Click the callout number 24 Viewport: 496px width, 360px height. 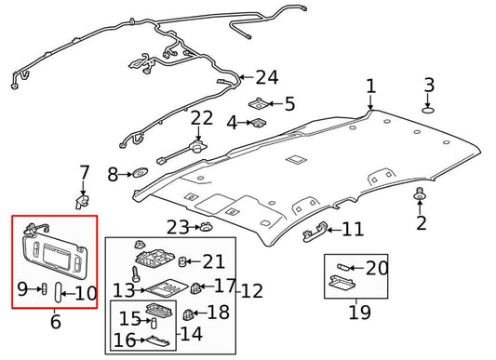pos(267,77)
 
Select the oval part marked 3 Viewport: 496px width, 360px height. pos(428,110)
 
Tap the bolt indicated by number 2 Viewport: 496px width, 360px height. pos(419,193)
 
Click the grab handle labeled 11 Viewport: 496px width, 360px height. pos(315,232)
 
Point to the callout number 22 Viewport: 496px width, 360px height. pos(202,118)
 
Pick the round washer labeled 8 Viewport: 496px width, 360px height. pos(140,173)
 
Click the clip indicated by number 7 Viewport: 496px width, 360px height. pos(82,202)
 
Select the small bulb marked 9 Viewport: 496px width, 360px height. pos(45,288)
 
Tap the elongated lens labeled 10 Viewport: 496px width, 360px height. pos(59,292)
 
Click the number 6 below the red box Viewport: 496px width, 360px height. pos(55,322)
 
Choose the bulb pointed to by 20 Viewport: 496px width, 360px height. pos(342,267)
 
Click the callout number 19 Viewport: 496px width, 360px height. pos(359,312)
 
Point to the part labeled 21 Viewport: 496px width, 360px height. pos(181,261)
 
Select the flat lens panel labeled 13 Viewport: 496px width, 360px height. pos(168,287)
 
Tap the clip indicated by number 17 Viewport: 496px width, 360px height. pos(195,287)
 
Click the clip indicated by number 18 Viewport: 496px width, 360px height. pos(188,313)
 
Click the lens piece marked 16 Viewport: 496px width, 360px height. pos(157,341)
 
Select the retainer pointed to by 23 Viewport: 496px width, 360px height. pos(205,226)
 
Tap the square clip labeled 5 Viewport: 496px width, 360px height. pos(260,103)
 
